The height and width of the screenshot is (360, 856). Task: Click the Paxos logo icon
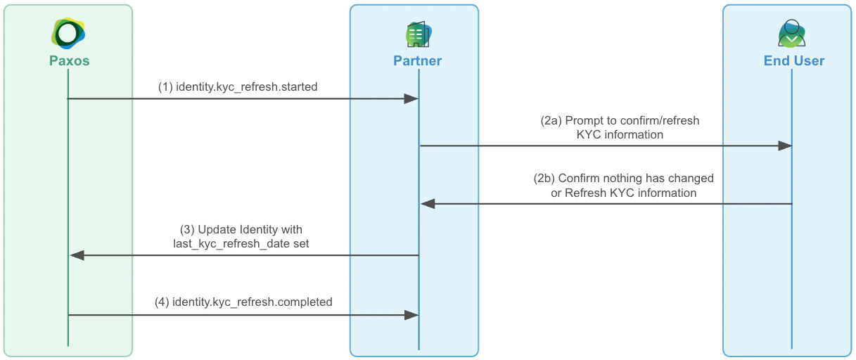(x=68, y=33)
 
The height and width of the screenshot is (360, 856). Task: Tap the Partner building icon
(x=418, y=34)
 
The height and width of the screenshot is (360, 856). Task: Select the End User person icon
(x=793, y=34)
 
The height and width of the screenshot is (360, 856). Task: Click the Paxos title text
(x=69, y=60)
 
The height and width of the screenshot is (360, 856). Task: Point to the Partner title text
(x=417, y=60)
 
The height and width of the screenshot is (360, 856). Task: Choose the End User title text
(x=793, y=60)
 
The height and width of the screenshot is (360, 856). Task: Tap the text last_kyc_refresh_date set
(x=241, y=243)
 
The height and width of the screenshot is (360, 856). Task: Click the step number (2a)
(x=551, y=120)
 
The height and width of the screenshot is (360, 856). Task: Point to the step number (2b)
(x=544, y=178)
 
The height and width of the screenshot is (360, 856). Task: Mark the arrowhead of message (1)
(x=411, y=99)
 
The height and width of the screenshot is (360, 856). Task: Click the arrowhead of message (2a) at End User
(x=784, y=146)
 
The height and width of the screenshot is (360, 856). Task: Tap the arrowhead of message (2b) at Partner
(x=428, y=204)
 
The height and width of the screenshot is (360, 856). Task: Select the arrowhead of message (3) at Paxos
(x=77, y=255)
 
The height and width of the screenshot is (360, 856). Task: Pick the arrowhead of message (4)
(x=411, y=315)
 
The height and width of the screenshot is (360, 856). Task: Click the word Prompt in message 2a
(x=583, y=120)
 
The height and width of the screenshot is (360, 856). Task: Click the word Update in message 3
(x=215, y=229)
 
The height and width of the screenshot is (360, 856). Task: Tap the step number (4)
(x=162, y=302)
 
